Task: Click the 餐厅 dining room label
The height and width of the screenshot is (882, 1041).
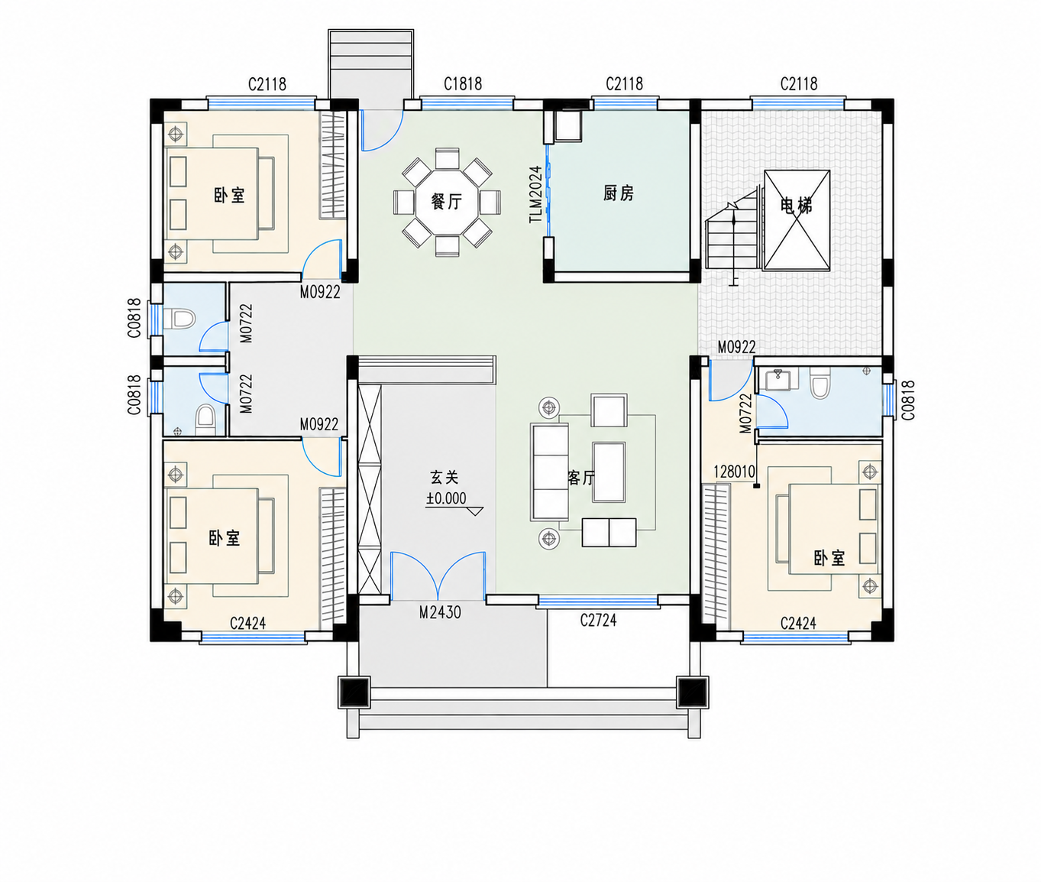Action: point(446,202)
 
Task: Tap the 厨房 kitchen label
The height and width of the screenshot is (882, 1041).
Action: point(619,193)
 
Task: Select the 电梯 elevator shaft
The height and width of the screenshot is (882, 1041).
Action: point(797,220)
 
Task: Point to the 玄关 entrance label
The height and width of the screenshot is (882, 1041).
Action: point(445,477)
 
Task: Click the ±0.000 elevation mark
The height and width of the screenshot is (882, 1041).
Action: point(446,498)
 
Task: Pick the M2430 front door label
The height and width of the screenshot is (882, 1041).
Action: point(440,612)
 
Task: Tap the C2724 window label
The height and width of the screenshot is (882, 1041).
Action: point(598,620)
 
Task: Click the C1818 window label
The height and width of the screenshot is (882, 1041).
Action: point(463,83)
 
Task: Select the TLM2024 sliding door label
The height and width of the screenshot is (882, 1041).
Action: point(536,195)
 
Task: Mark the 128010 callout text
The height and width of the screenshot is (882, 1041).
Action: point(734,472)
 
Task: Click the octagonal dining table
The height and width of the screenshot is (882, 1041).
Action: point(447,202)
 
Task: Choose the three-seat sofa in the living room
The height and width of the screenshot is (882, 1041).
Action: point(549,472)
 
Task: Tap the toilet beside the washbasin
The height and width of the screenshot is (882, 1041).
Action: point(820,383)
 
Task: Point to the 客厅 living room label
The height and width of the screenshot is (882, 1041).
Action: point(582,478)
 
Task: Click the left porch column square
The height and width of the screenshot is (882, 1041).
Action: point(354,692)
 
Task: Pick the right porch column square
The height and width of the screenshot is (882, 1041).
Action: point(693,692)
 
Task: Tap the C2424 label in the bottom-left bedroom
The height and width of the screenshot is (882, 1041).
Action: point(247,624)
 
